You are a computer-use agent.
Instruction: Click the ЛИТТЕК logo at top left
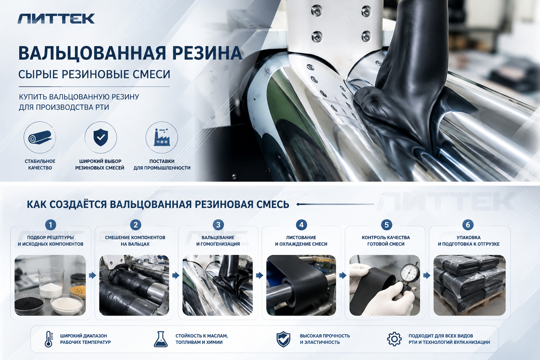point(56,19)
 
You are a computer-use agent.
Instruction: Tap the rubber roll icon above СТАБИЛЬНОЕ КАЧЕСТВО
point(40,137)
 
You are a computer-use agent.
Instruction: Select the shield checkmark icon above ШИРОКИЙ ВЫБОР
point(101,137)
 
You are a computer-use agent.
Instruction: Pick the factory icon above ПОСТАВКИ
point(162,137)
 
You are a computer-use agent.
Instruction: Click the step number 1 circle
point(51,225)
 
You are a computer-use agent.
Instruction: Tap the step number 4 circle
point(301,225)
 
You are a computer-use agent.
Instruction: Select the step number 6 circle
point(468,225)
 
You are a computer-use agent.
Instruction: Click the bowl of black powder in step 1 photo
point(29,304)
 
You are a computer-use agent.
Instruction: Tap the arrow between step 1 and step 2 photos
point(92,275)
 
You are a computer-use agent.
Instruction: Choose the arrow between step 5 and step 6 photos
point(427,275)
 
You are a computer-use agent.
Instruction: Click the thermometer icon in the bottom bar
point(49,339)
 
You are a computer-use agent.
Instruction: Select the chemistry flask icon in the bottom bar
point(161,339)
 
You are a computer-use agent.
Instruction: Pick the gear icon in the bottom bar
point(394,339)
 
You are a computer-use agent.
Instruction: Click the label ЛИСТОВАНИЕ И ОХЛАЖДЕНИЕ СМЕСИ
point(301,240)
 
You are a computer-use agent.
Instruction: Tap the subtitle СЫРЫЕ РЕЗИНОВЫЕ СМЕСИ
point(94,74)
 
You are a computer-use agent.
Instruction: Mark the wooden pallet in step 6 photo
point(470,306)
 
